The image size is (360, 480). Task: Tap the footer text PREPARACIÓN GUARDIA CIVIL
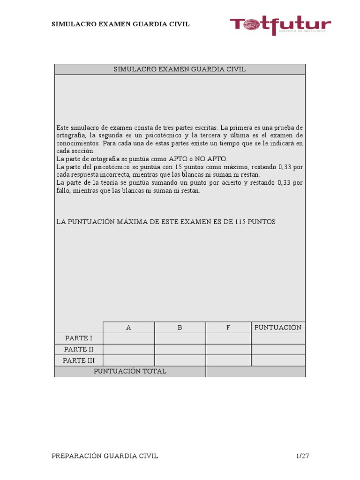[105, 456]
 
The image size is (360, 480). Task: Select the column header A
[128, 328]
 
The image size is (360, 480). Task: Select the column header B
[180, 328]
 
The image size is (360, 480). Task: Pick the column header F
[228, 328]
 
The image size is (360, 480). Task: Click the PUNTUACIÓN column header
[278, 327]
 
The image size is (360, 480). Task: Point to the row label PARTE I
[79, 338]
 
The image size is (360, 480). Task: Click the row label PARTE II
[79, 350]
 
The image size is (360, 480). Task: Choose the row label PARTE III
[79, 360]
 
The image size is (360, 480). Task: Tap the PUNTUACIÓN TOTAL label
[130, 371]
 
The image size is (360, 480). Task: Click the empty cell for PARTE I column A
[128, 338]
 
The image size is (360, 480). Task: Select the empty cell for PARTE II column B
[180, 350]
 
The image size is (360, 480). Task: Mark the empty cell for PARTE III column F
[228, 360]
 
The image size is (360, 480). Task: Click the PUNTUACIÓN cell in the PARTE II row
[278, 350]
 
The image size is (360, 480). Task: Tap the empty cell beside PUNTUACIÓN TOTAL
[255, 371]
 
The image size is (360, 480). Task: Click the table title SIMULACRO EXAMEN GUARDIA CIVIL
[180, 69]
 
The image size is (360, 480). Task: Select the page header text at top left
[120, 24]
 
